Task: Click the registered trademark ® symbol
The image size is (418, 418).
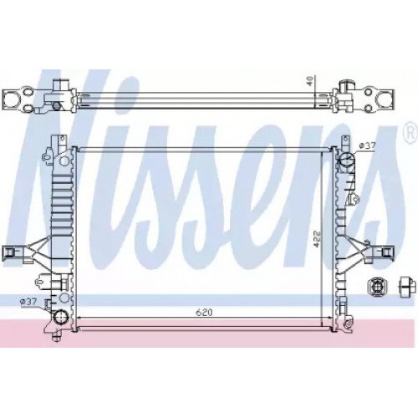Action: click(409, 131)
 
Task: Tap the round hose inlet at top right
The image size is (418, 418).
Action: click(345, 159)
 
